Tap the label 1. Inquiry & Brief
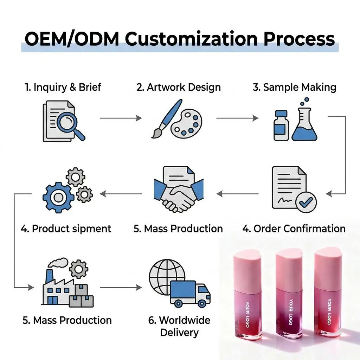click(63, 87)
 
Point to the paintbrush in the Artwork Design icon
click(167, 118)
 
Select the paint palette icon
click(187, 124)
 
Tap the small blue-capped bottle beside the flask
click(281, 126)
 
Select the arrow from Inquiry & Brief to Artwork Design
click(121, 118)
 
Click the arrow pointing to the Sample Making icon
click(237, 118)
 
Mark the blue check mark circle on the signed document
click(306, 202)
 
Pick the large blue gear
click(58, 198)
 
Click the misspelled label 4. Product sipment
click(66, 229)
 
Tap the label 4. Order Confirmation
click(294, 229)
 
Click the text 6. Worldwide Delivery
click(179, 326)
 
